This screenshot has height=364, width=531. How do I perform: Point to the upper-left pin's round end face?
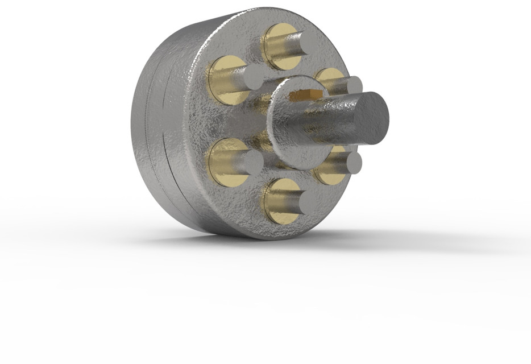[x=253, y=77]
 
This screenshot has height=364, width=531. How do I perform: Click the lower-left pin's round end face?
[x=252, y=163]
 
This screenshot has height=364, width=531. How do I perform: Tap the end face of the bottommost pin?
[x=297, y=203]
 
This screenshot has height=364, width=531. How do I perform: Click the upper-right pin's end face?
[x=353, y=86]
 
